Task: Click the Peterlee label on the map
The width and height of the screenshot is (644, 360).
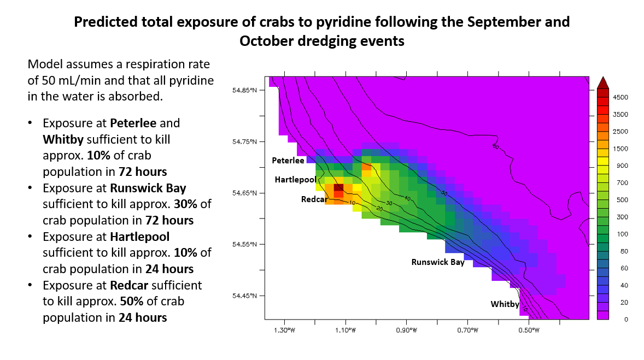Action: click(288, 161)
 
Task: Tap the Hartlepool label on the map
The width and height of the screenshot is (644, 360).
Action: click(295, 180)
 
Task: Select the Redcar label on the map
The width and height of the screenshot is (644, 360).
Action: click(314, 199)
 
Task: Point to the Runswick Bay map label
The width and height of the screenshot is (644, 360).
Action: click(438, 262)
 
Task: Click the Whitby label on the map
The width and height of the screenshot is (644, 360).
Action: click(504, 304)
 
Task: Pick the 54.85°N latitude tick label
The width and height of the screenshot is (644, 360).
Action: click(245, 90)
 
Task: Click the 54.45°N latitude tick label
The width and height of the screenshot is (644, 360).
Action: click(245, 296)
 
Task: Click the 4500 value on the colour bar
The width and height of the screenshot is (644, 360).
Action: click(620, 97)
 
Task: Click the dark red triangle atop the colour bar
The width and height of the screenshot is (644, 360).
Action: click(602, 82)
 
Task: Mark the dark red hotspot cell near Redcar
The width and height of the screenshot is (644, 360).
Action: click(338, 187)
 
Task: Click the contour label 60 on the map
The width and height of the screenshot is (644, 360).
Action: click(495, 146)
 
